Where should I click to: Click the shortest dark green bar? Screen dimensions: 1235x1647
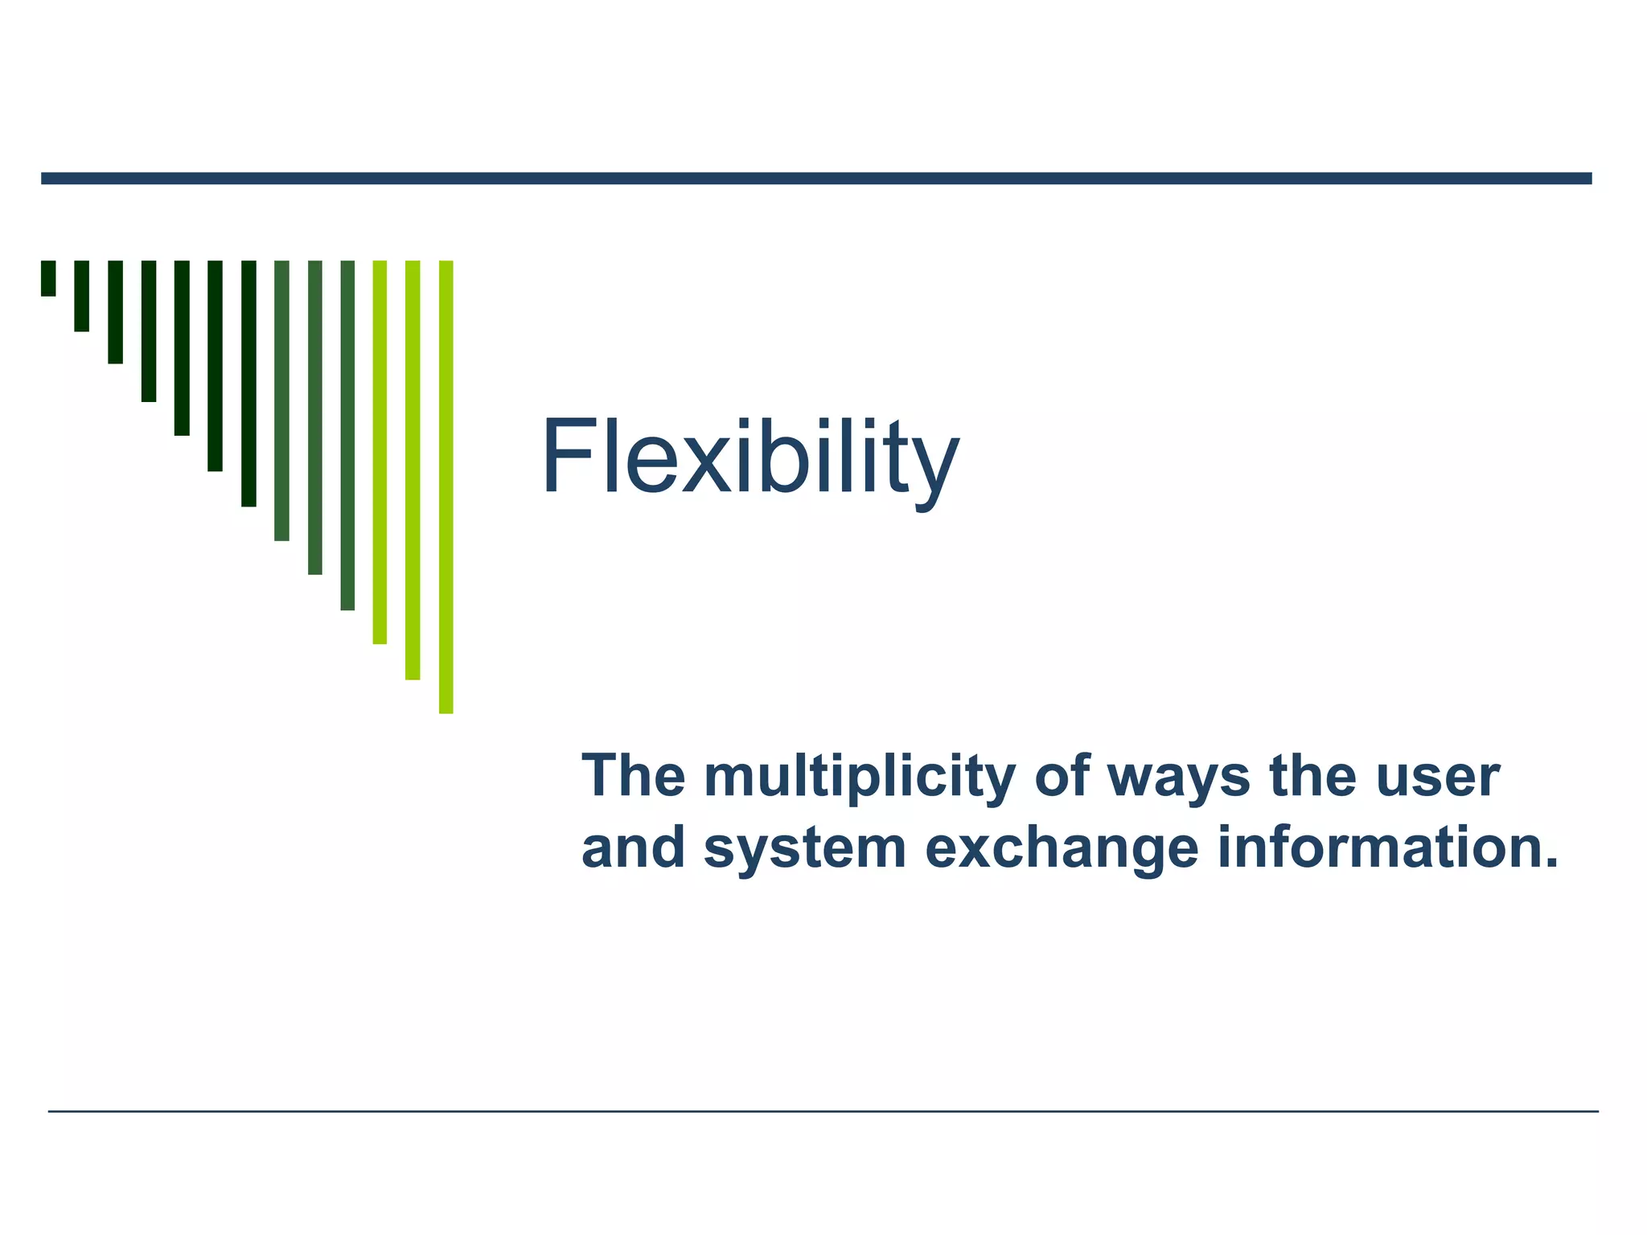coord(48,278)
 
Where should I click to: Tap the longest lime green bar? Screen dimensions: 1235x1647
coord(446,486)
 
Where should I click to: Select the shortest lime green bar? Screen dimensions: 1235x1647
coord(380,452)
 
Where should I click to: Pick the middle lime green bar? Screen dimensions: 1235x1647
coord(413,470)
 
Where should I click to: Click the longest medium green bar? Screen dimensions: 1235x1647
coord(347,435)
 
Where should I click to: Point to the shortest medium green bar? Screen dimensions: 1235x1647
coord(281,400)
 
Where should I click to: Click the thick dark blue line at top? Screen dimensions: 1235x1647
coord(816,178)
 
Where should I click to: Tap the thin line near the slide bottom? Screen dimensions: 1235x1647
coord(823,1111)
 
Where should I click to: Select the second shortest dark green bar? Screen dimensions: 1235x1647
coord(81,296)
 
